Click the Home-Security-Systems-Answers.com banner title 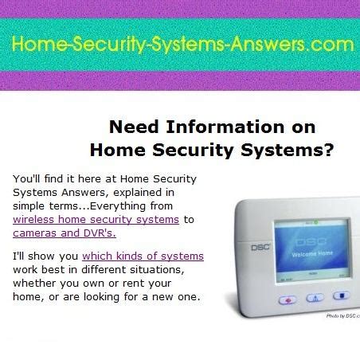[181, 45]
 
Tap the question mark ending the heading [329, 149]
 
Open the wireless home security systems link [96, 219]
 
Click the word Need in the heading [131, 127]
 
